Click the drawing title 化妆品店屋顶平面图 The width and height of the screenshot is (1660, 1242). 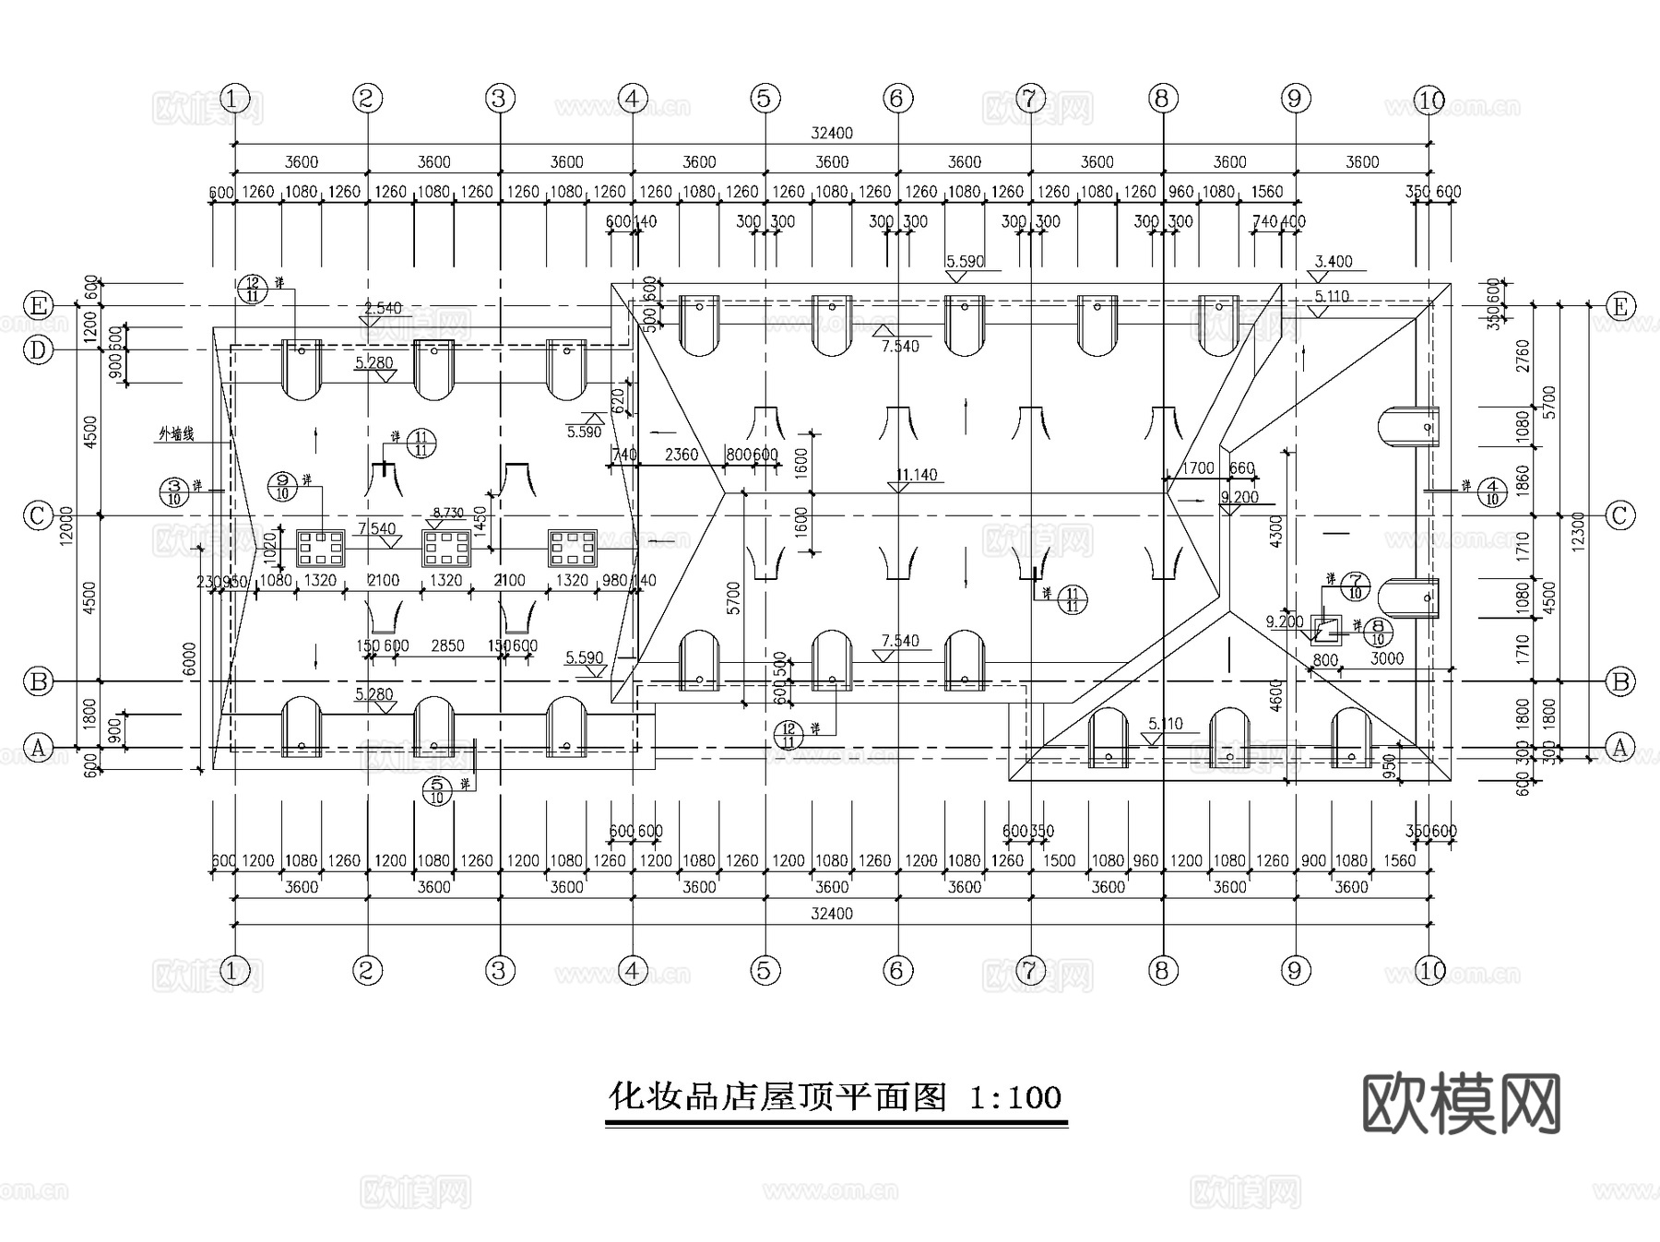[x=777, y=1097]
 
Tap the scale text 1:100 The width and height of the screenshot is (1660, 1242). [x=1015, y=1097]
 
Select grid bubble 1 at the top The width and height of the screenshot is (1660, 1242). [x=235, y=98]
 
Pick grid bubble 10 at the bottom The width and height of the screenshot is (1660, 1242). [x=1429, y=970]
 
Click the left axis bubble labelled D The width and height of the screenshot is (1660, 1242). [x=38, y=350]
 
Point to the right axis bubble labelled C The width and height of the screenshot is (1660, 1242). [x=1620, y=515]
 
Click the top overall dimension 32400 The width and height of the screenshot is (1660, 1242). [x=831, y=133]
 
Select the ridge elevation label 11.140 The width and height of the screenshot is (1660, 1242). [x=916, y=475]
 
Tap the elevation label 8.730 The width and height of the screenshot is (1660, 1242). [x=447, y=513]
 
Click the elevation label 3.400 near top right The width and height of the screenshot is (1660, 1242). [x=1333, y=262]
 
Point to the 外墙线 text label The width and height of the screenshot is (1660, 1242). [x=176, y=433]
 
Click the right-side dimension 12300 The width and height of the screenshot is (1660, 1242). [x=1578, y=531]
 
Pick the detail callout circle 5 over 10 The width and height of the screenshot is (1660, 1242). [x=437, y=790]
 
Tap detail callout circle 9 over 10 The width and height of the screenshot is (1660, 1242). [x=282, y=486]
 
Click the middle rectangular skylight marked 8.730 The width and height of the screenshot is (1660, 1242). [x=447, y=548]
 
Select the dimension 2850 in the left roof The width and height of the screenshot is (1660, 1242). [x=447, y=646]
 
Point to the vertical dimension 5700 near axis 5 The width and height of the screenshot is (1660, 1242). [x=734, y=597]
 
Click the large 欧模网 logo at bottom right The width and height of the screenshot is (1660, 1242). [x=1461, y=1104]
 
